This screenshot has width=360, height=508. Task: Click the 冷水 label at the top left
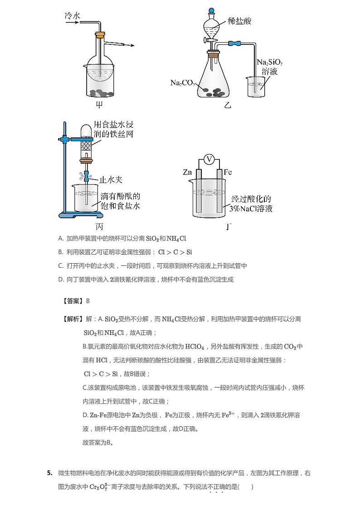coord(73,16)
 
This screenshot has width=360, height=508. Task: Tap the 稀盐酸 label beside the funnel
coord(239,21)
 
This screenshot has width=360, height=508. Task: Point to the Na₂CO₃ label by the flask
coord(182,82)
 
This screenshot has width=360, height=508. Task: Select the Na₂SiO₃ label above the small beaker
coord(270,62)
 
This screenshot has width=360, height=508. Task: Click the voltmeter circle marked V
coord(209,159)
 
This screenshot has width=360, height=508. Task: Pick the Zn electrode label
coord(188,172)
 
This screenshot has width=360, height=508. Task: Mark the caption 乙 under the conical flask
coord(227,106)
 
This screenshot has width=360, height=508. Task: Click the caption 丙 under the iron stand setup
coord(99,227)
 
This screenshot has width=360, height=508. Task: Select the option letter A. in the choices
coord(61,238)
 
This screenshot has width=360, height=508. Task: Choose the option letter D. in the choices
coord(61,280)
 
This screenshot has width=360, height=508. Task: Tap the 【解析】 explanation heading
coord(72,319)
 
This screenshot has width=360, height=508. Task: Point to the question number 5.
coord(49,473)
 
